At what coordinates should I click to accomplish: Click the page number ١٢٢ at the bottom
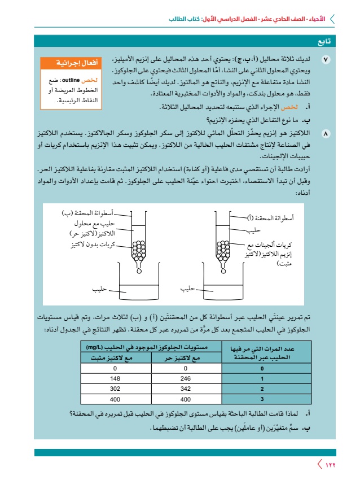pos(328,465)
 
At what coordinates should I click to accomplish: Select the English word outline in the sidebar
pos(68,81)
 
